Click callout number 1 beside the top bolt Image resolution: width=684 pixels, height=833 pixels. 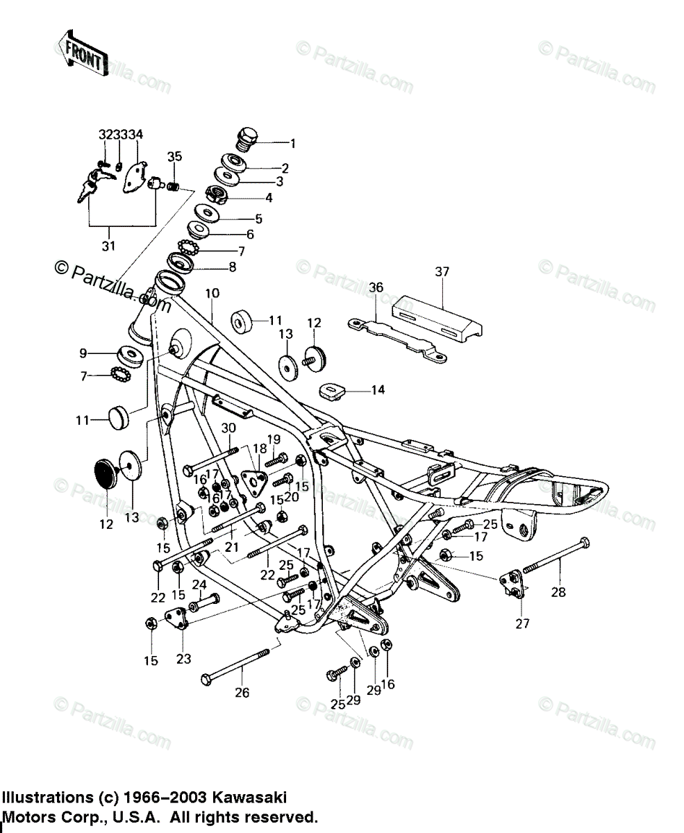coord(292,144)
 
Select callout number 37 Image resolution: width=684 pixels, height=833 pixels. coord(442,271)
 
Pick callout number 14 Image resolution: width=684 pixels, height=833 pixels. coord(377,390)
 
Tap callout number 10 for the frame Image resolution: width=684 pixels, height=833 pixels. coord(212,294)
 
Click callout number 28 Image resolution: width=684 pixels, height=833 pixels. coord(558,592)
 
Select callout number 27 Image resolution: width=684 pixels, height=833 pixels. coord(522,623)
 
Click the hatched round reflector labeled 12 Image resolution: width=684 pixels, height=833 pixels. coord(108,473)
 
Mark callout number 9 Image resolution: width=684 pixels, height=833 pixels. coord(83,353)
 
